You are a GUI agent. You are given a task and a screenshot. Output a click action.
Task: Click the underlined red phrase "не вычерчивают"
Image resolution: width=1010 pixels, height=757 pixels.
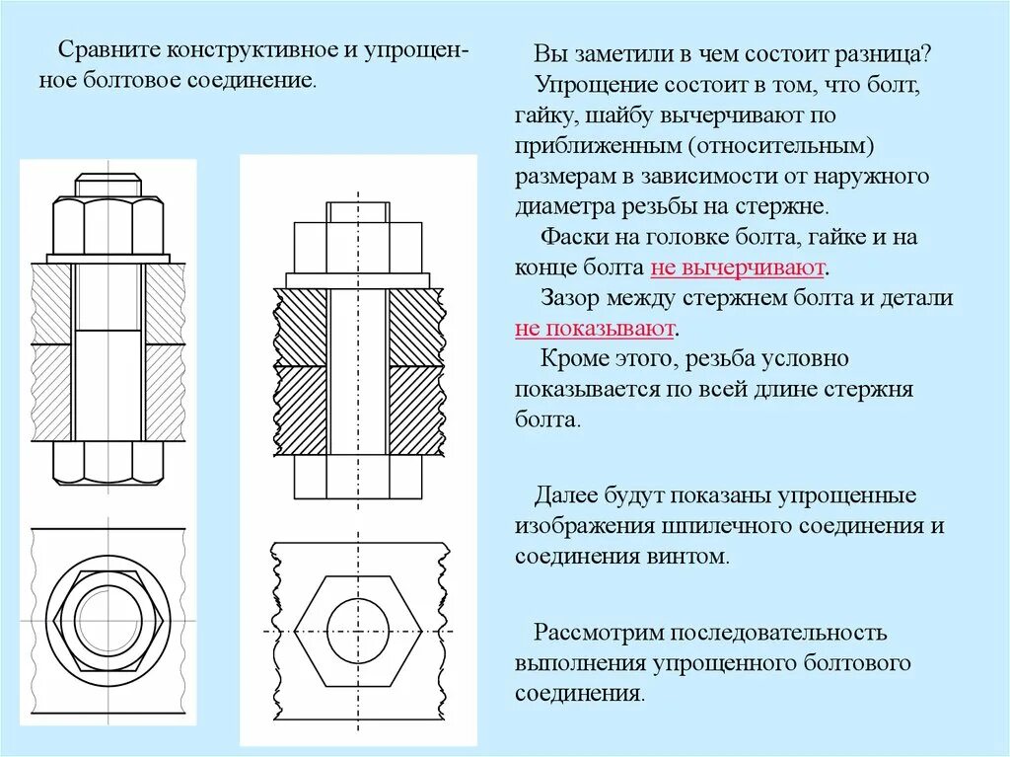[738, 268]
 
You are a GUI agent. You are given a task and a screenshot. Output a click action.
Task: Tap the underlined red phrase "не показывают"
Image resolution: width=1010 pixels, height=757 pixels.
[595, 328]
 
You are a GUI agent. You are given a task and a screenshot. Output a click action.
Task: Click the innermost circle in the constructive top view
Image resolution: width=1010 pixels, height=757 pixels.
[108, 619]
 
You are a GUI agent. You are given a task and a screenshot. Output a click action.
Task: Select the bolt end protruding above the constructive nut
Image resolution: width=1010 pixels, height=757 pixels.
[108, 185]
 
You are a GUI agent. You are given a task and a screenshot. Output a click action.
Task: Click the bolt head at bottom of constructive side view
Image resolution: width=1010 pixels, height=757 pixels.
[108, 462]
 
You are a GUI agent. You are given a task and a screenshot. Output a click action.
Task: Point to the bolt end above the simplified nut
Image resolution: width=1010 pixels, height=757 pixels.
[358, 211]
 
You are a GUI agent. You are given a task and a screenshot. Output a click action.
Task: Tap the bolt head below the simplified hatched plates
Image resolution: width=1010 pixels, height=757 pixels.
[358, 480]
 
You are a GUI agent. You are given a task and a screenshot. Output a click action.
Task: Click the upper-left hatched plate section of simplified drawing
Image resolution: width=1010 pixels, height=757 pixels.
[300, 327]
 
